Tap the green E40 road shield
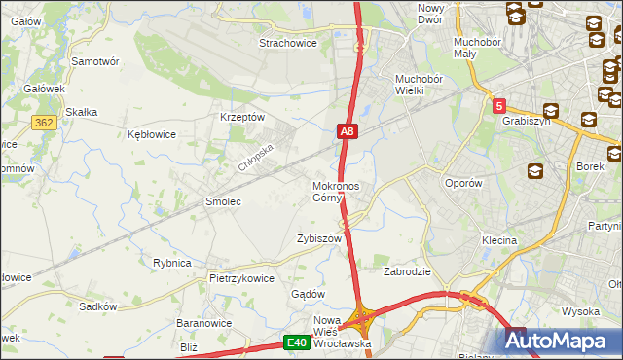coord(297,342)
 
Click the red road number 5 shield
coord(498,105)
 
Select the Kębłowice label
coord(152,134)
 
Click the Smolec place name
coord(222,201)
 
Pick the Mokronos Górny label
coord(336,192)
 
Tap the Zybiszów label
coord(319,238)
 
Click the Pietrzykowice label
coord(241,277)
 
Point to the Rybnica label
coord(171,263)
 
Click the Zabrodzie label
coord(408,271)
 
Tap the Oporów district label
coord(463,183)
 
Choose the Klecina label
coord(498,239)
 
